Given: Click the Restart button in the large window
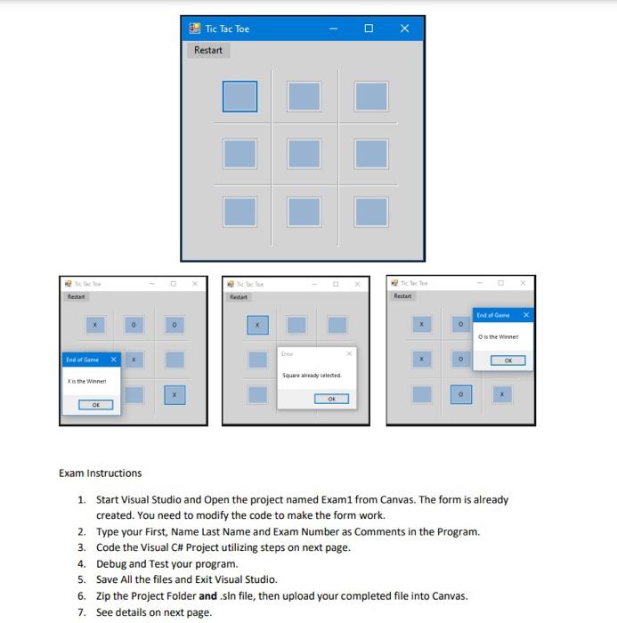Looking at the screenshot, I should tap(208, 50).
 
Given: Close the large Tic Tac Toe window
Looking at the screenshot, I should tap(404, 28).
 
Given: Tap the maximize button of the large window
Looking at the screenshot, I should tap(369, 28).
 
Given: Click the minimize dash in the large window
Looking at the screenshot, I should tap(333, 28).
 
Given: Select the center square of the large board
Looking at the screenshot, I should tap(305, 154).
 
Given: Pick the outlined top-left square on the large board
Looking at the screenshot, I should tap(239, 97).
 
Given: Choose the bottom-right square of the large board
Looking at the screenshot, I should tap(371, 211).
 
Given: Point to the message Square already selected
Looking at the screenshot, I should tap(311, 376).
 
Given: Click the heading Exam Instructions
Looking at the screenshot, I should tap(100, 473).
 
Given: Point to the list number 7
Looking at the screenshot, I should tap(81, 612).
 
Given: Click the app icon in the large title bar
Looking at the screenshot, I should tap(195, 28).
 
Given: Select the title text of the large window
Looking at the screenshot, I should tap(227, 28).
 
